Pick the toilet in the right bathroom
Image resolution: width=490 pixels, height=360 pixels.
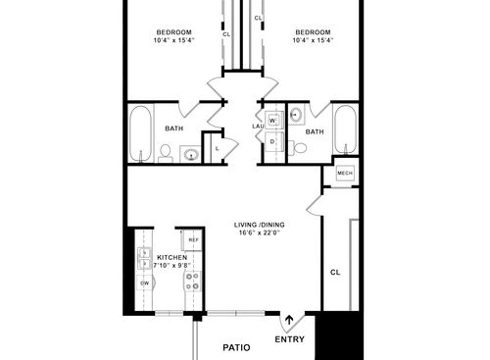(x=301, y=148)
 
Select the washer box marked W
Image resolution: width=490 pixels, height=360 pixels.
(x=272, y=121)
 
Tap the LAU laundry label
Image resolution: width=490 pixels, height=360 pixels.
(x=257, y=126)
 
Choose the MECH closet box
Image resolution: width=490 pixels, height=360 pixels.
(x=345, y=174)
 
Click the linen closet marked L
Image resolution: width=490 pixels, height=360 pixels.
(x=216, y=147)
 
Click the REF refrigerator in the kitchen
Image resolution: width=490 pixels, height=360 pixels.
(x=193, y=240)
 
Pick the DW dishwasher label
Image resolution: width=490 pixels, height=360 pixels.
(x=144, y=283)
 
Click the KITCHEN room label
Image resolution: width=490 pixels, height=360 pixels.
(x=158, y=257)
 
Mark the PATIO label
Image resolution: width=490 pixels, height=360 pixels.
(x=237, y=347)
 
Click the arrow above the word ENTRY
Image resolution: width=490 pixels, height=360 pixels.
(x=289, y=321)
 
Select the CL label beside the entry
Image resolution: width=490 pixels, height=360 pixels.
(x=334, y=272)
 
